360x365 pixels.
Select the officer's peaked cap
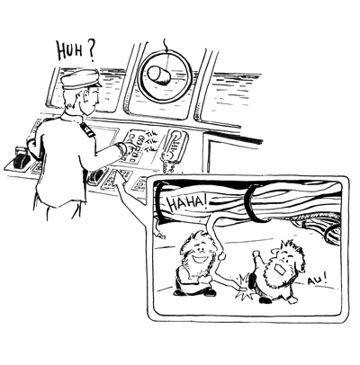[x=80, y=79]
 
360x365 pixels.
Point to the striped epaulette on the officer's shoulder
[x=87, y=129]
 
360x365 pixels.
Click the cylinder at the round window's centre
[x=160, y=76]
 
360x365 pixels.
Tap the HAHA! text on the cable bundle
[x=187, y=203]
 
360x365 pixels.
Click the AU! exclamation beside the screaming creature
[x=317, y=280]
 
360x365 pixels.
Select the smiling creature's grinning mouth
[x=198, y=258]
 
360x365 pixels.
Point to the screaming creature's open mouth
[x=281, y=270]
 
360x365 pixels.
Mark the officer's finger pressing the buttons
[x=132, y=146]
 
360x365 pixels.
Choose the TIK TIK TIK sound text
[x=151, y=141]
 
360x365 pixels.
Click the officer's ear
[x=86, y=96]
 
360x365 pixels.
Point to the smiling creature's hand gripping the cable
[x=222, y=255]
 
